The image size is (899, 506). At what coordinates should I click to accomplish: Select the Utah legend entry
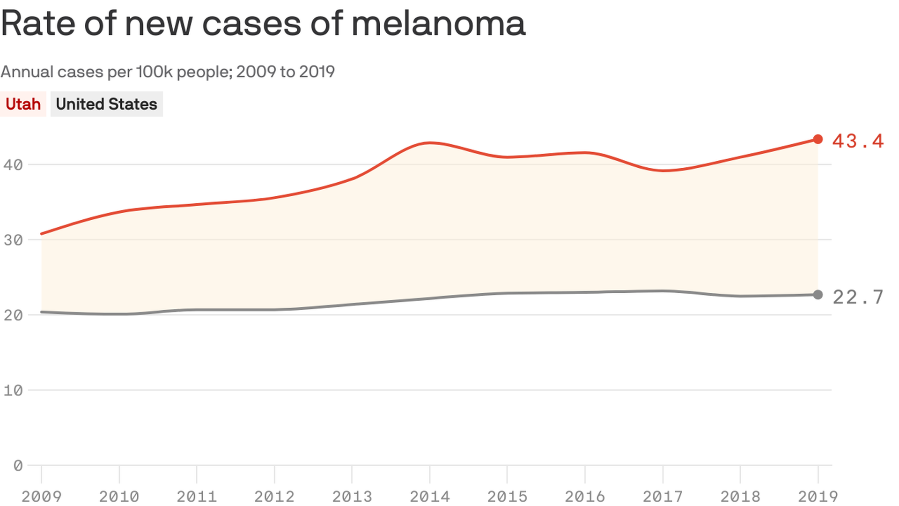tap(23, 104)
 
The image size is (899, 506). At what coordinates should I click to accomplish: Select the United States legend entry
tap(106, 104)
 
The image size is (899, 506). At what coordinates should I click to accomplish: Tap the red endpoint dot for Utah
tap(818, 139)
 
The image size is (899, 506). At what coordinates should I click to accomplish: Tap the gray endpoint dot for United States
tap(818, 295)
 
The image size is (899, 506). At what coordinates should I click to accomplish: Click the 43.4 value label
tap(858, 141)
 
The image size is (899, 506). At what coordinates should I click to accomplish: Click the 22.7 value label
tap(858, 297)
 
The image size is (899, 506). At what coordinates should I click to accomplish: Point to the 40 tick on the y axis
tap(13, 165)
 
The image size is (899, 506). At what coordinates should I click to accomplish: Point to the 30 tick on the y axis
tap(13, 240)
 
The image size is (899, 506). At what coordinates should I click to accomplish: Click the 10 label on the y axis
tap(13, 391)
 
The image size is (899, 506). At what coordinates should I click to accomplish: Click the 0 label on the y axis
tap(18, 466)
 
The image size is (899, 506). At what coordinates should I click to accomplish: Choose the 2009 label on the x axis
tap(41, 496)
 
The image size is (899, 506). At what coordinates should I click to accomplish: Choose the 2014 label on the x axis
tap(429, 496)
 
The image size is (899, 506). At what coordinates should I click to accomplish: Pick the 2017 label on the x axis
tap(662, 496)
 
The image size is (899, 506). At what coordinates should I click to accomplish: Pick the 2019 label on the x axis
tap(818, 496)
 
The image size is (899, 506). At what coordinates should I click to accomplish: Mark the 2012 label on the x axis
tap(274, 496)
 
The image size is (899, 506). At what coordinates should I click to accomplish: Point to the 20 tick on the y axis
tap(13, 315)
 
